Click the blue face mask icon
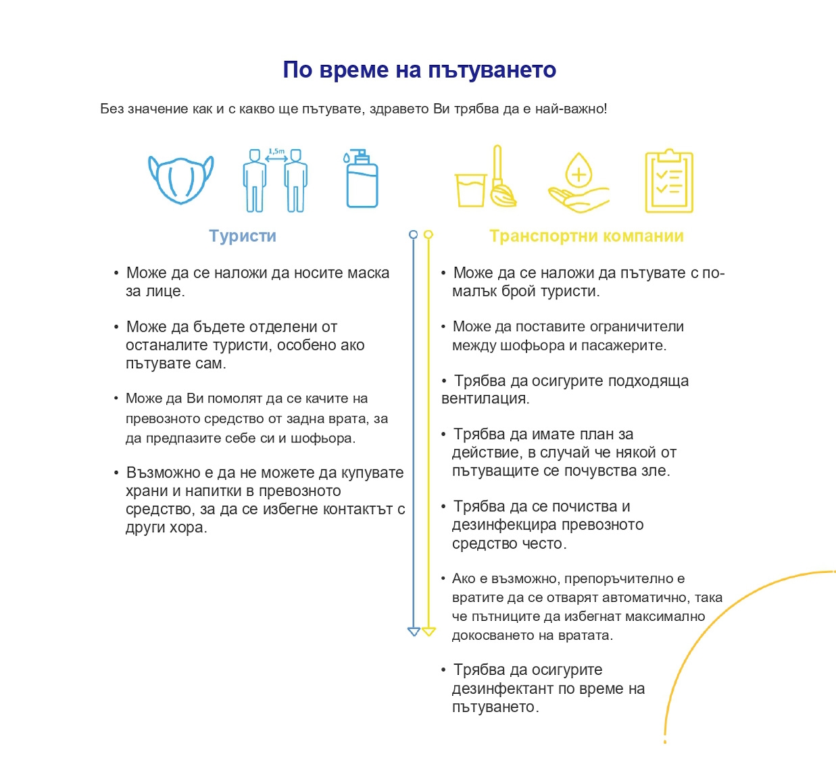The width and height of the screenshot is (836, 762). pos(180,179)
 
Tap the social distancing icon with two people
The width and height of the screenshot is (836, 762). pos(275,180)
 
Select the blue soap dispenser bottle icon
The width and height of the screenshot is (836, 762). pos(361,179)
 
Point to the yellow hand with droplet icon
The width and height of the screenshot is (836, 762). pos(578,182)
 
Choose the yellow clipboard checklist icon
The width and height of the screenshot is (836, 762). pos(668,180)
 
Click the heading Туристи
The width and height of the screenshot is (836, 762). pos(243,236)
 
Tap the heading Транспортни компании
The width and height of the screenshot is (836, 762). pos(587,236)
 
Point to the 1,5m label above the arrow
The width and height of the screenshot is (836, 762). pos(276,151)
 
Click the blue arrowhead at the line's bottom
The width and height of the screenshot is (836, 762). pos(414,632)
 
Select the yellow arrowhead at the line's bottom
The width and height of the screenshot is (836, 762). pos(428,632)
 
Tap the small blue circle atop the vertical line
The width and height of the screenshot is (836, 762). pos(414,234)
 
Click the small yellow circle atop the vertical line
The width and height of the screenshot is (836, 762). pos(428,234)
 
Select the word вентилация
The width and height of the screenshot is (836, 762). pos(485,399)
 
